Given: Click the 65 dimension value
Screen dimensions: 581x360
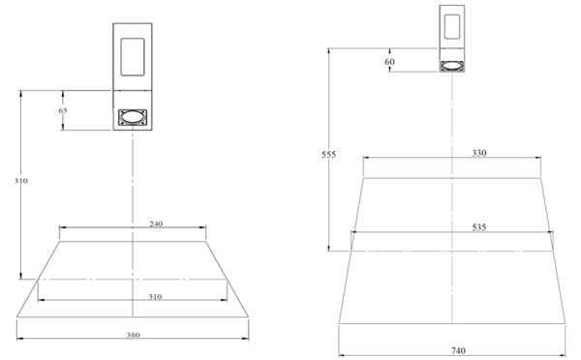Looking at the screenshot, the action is coord(63,110).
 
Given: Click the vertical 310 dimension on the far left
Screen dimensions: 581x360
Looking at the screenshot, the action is coord(21,181).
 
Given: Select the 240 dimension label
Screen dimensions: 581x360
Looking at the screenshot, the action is coord(156,224).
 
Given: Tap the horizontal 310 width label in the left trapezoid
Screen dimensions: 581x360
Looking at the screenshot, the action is coord(155,296).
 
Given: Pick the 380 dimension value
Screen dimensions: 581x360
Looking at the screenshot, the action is coord(133,335).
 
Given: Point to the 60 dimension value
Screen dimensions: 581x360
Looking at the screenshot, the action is coord(389,62).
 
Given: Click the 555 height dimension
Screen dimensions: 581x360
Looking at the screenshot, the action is coord(328,155).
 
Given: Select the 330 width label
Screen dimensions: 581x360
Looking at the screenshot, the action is coord(479,153).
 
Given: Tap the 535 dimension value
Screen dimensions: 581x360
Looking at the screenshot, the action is coord(479,227).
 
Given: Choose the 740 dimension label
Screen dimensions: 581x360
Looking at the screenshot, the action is coord(458,350).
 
